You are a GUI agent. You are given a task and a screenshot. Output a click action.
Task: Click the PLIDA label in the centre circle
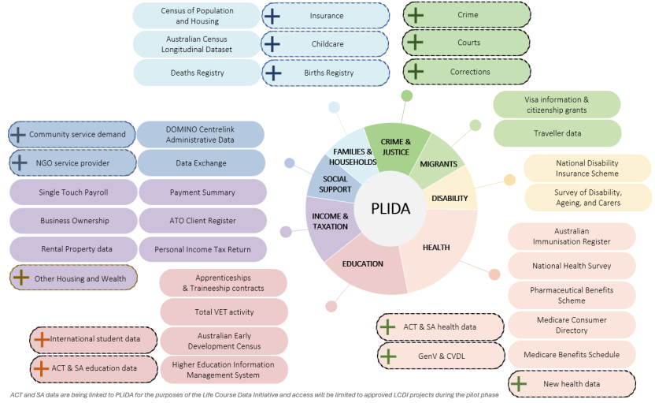pyautogui.click(x=392, y=208)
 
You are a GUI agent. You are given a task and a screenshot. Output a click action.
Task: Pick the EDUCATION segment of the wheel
pyautogui.click(x=362, y=263)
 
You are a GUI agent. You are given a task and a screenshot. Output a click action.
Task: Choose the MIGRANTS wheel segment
pyautogui.click(x=439, y=164)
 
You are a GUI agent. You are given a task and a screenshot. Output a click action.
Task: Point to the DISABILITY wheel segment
pyautogui.click(x=450, y=198)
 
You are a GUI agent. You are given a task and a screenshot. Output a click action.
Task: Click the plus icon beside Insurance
pyautogui.click(x=272, y=15)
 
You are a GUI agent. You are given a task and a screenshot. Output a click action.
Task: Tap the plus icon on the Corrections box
pyautogui.click(x=415, y=72)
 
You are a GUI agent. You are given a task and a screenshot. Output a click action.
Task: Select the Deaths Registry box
pyautogui.click(x=197, y=73)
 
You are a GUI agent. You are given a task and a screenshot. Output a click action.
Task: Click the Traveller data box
pyautogui.click(x=557, y=134)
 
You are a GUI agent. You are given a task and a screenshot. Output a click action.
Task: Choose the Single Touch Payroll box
pyautogui.click(x=73, y=192)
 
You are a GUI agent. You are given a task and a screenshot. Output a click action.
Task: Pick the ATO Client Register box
pyautogui.click(x=202, y=221)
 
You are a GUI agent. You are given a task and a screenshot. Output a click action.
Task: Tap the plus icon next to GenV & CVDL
pyautogui.click(x=387, y=356)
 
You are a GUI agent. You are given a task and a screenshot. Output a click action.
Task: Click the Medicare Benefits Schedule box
pyautogui.click(x=571, y=355)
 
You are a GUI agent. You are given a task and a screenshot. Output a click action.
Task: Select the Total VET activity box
pyautogui.click(x=224, y=312)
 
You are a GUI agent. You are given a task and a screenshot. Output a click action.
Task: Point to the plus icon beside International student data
pyautogui.click(x=41, y=339)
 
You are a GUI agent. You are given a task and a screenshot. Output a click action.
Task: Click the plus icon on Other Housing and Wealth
pyautogui.click(x=21, y=278)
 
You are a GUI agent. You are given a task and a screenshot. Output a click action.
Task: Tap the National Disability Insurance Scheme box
pyautogui.click(x=587, y=168)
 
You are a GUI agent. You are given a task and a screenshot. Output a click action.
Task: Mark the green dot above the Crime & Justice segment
pyautogui.click(x=406, y=95)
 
